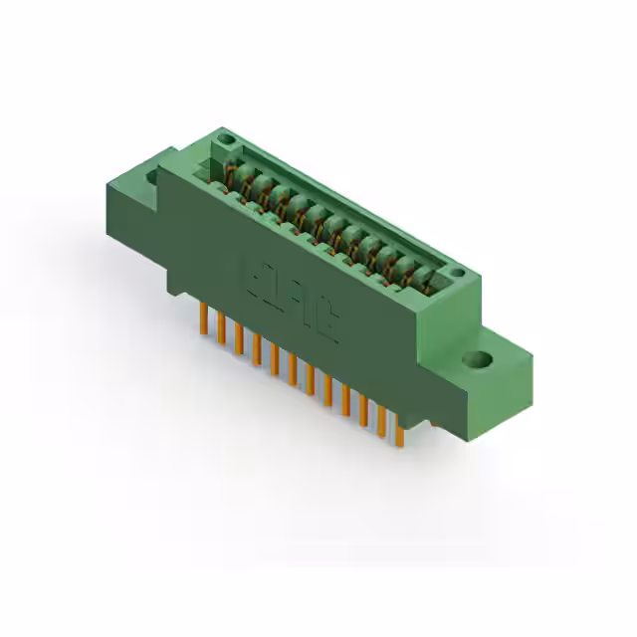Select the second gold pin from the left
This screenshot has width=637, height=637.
(x=222, y=330)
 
